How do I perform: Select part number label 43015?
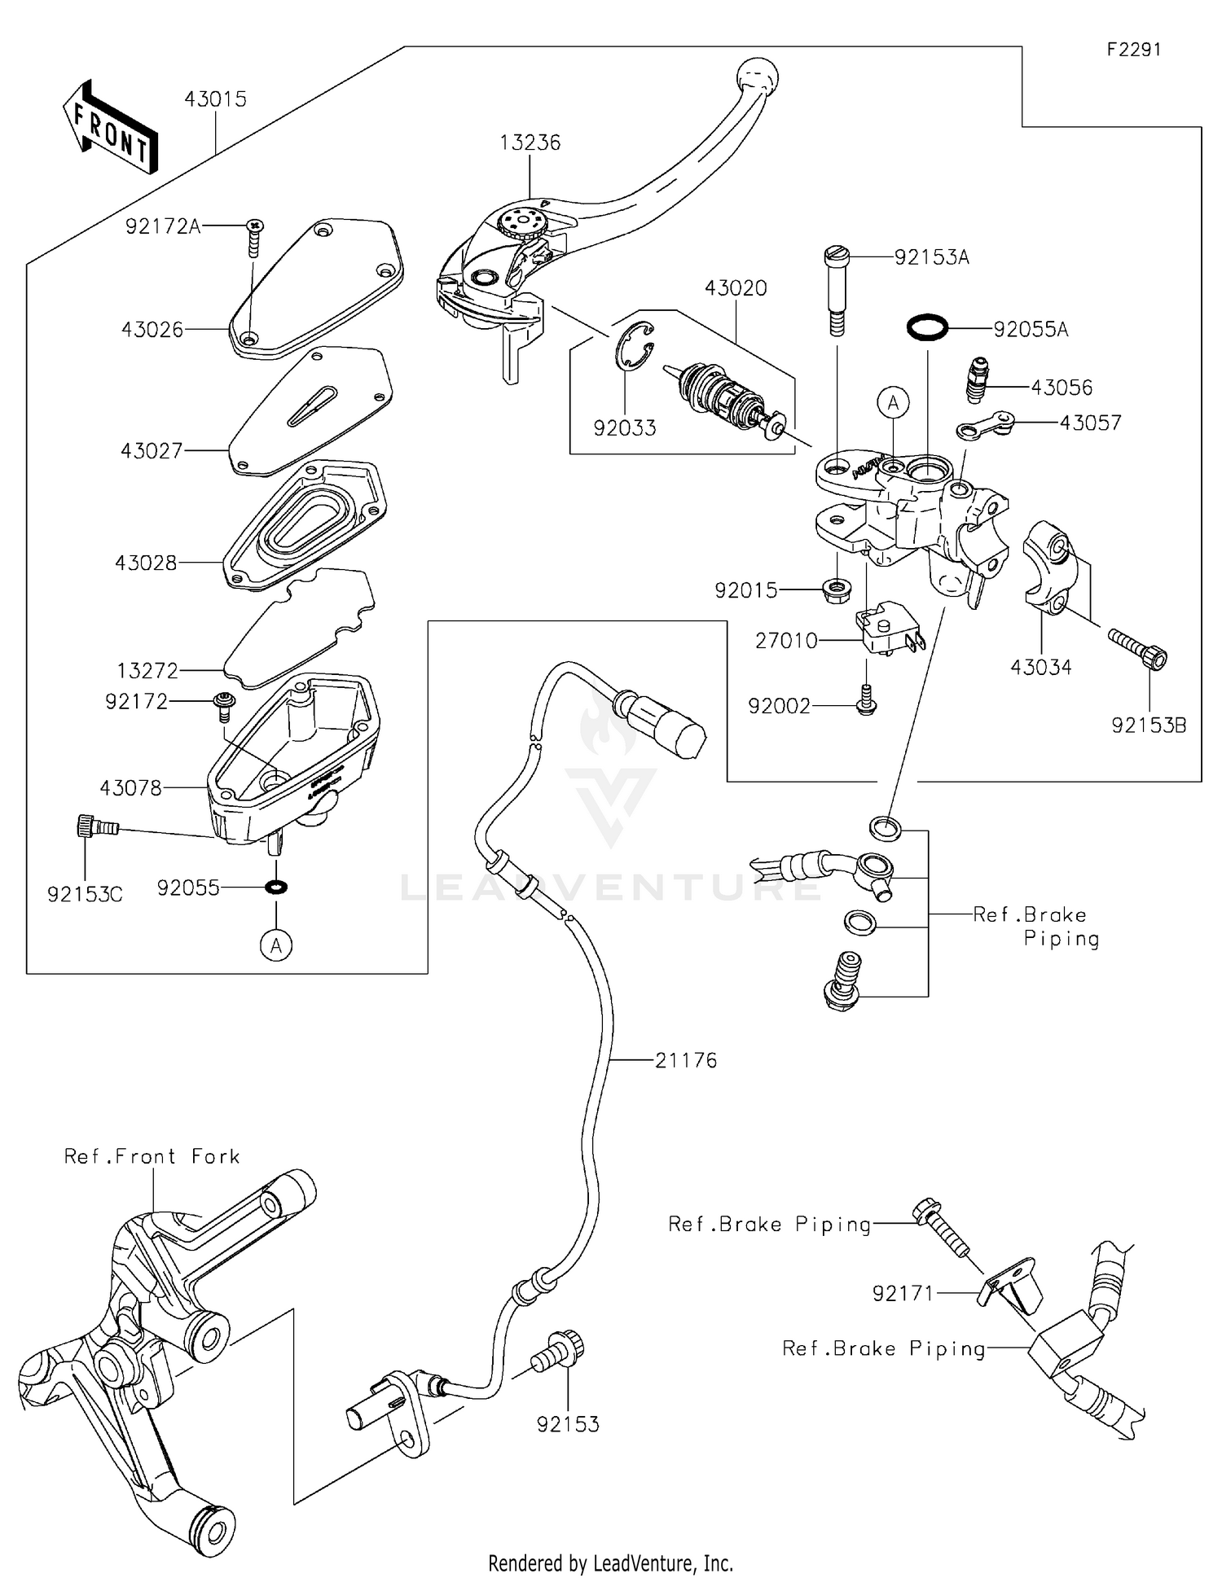pos(215,99)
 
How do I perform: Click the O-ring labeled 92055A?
pos(928,328)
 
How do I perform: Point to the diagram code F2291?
pos(1133,50)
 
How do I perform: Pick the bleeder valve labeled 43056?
pos(976,380)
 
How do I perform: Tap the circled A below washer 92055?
pos(276,945)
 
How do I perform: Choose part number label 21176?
pos(686,1060)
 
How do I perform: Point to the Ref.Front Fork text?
pos(152,1156)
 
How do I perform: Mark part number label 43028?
pos(146,563)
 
